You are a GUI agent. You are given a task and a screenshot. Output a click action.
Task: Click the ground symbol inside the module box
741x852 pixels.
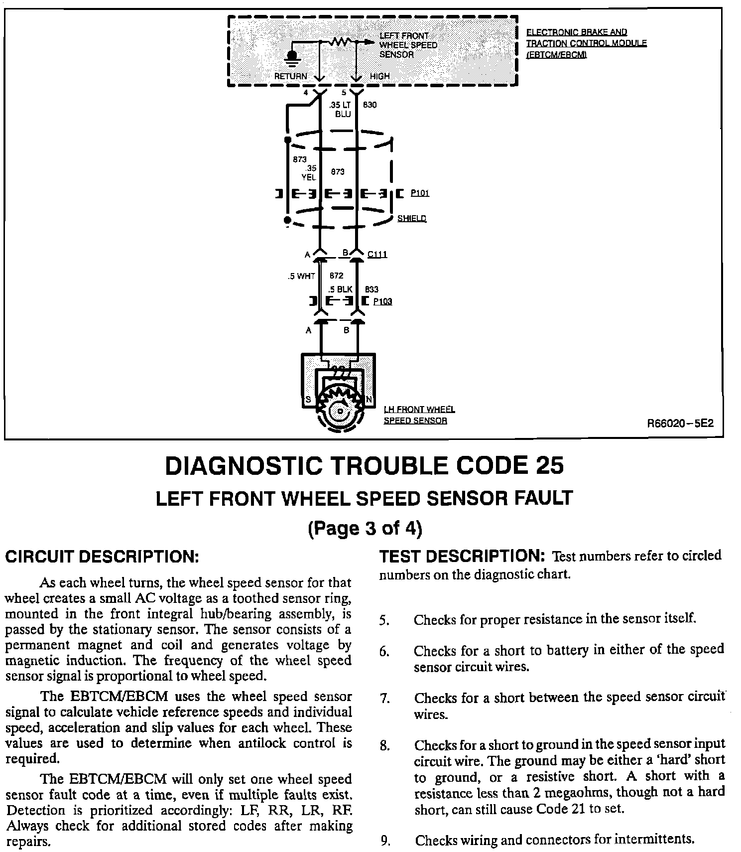(292, 56)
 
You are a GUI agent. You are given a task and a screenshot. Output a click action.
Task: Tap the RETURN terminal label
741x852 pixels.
(291, 76)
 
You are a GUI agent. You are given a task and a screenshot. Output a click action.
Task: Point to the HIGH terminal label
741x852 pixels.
(380, 76)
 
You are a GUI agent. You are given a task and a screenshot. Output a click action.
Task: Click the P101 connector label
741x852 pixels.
(420, 193)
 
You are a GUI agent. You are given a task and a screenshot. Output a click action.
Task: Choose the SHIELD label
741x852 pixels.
(412, 218)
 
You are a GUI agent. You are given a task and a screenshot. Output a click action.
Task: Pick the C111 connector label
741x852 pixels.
(377, 255)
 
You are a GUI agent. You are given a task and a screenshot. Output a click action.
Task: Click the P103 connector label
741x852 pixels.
(382, 301)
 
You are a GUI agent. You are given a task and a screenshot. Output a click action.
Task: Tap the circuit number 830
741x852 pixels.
(370, 105)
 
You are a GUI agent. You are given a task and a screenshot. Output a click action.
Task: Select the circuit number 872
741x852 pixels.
(337, 276)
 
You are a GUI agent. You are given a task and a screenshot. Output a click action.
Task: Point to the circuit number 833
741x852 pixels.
(371, 289)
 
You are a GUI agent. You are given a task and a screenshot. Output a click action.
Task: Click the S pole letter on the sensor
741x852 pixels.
(308, 400)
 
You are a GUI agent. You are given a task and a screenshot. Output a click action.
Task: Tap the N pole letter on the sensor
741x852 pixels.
(369, 400)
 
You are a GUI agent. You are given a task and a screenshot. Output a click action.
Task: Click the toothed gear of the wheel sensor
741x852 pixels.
(340, 406)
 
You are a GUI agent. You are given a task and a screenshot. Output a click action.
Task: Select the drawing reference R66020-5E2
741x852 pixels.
(680, 424)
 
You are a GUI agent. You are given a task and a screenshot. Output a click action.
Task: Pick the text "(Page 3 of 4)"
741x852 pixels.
(365, 528)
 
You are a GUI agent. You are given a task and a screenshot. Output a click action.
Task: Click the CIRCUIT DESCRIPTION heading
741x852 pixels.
(102, 557)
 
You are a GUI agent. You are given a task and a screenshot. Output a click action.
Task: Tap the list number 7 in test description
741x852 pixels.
(384, 699)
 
